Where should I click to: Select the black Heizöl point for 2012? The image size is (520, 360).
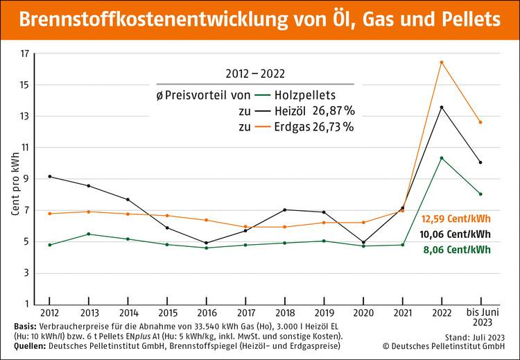pos(50,176)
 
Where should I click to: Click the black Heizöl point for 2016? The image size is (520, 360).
pos(207,243)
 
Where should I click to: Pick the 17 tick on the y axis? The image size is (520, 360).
pos(24,53)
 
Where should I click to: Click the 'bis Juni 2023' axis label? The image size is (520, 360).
pos(480,319)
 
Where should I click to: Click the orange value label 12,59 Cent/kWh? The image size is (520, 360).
pos(457,219)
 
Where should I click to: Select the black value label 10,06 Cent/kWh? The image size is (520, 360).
pos(457,234)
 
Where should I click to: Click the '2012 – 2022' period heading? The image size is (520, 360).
pos(255,73)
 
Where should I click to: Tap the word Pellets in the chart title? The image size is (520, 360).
pos(467,19)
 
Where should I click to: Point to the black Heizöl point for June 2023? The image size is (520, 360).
pos(480,162)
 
